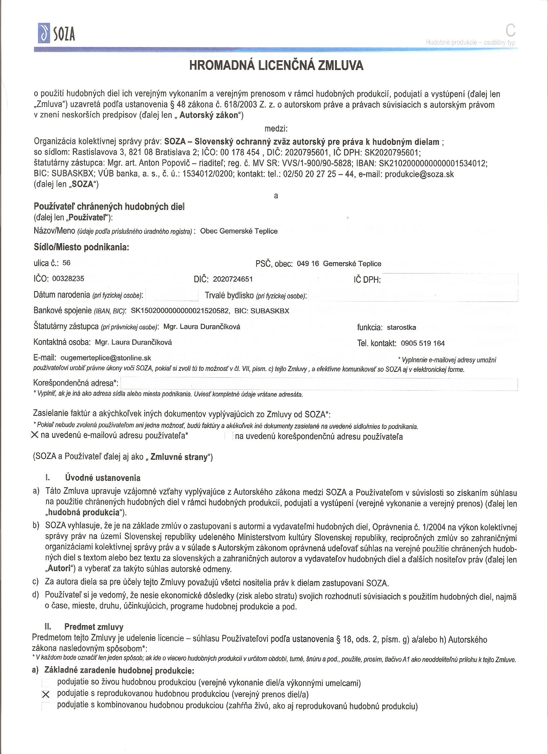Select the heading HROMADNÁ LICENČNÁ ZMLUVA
276,65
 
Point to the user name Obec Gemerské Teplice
239,231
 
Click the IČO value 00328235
68,279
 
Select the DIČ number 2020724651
233,279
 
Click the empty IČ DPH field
450,280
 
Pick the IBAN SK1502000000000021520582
180,311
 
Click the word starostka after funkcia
401,327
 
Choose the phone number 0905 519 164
423,343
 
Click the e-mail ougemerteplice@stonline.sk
106,358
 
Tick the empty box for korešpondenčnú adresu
229,436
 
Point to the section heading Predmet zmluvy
94,627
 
